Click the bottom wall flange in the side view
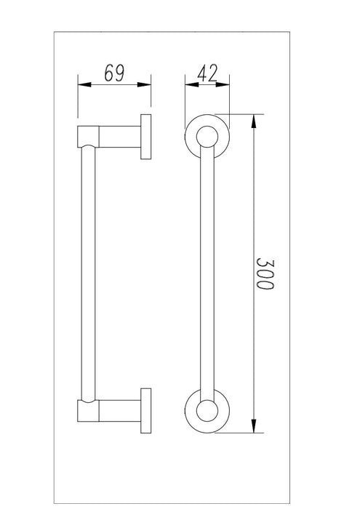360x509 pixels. click(x=146, y=410)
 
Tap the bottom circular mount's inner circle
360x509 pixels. click(x=207, y=410)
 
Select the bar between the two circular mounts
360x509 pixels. click(x=207, y=273)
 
